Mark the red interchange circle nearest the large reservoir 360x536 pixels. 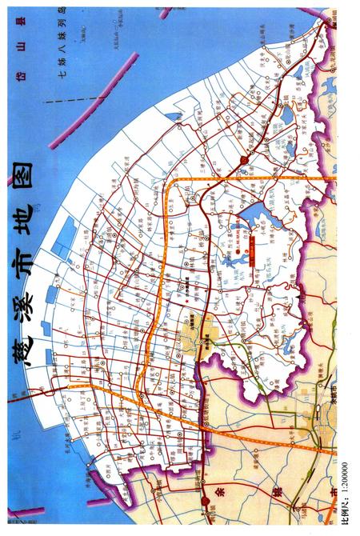tap(243, 160)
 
